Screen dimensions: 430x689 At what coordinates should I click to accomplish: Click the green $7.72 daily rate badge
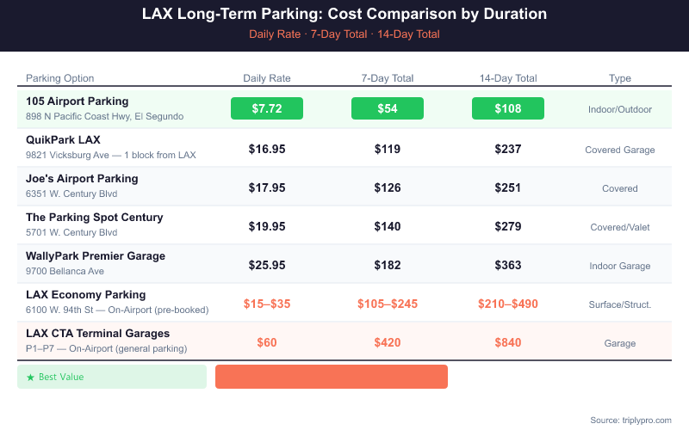tap(267, 109)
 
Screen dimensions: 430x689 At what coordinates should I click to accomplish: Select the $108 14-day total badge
tap(508, 109)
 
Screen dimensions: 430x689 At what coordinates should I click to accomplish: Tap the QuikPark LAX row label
tap(63, 140)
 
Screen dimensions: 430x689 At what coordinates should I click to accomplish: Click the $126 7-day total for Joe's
tap(388, 187)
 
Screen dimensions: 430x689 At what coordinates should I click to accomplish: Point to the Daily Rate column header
tap(267, 78)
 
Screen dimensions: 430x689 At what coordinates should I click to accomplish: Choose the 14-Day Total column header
tap(508, 78)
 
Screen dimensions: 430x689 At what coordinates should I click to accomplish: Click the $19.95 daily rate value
tap(267, 226)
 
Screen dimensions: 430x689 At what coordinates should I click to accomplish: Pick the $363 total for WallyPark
tap(508, 265)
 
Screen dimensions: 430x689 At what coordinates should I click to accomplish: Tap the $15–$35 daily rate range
tap(267, 304)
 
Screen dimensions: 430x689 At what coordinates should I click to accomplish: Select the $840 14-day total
tap(508, 342)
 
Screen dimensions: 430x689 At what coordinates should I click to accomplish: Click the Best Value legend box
tap(112, 377)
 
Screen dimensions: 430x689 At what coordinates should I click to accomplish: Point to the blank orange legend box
tap(332, 377)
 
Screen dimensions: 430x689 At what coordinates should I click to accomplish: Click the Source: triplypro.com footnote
tap(630, 420)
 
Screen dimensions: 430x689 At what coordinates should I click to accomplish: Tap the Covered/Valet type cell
tap(620, 227)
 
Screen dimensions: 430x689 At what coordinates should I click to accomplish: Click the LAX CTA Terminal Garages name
tap(97, 334)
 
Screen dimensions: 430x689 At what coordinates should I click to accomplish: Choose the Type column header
tap(620, 78)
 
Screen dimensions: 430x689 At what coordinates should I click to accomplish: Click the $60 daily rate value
tap(267, 342)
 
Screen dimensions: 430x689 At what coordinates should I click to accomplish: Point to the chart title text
tap(344, 15)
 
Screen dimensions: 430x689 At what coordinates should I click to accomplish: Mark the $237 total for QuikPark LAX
tap(508, 149)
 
